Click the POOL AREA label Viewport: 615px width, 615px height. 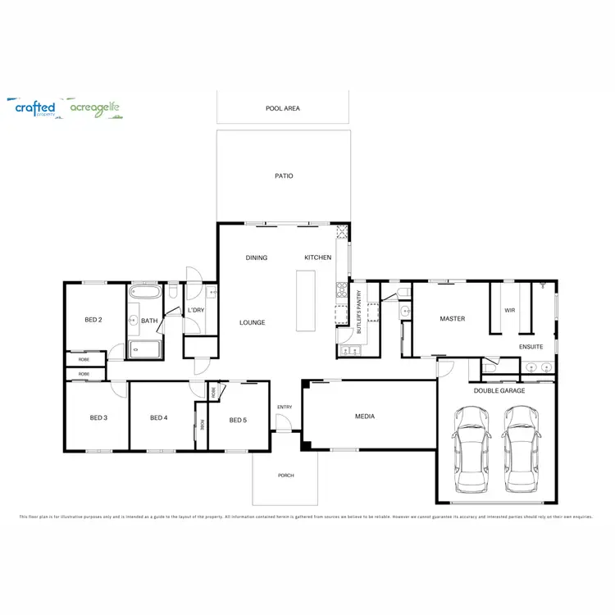tap(282, 108)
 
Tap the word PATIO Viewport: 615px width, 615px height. tap(284, 175)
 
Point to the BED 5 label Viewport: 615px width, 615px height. tap(238, 420)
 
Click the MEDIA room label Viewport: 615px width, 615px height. tap(365, 417)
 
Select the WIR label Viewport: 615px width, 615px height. tap(509, 310)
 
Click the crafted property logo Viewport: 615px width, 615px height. tap(35, 108)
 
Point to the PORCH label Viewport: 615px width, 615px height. tap(285, 476)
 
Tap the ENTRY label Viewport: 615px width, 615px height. tap(285, 407)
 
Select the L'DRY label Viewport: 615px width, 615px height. tap(195, 310)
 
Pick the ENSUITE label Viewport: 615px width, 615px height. tap(531, 347)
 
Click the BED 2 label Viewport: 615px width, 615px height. tap(93, 319)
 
